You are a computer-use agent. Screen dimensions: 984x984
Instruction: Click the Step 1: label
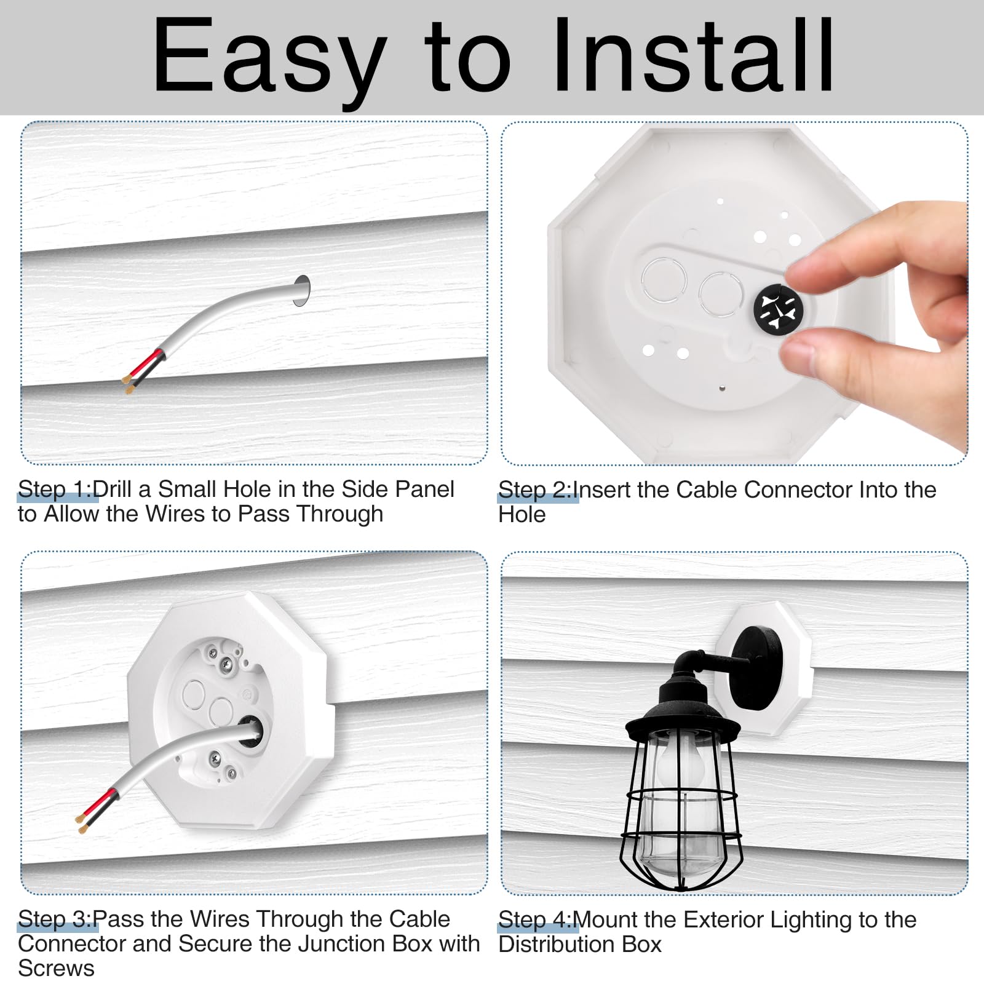(x=55, y=490)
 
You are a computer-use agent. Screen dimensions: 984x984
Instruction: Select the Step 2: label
(x=535, y=490)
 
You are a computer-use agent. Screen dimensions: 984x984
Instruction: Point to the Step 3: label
(x=55, y=919)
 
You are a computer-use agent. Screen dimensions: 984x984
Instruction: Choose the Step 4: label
(x=535, y=920)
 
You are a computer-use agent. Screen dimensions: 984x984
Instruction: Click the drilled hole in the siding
(x=301, y=290)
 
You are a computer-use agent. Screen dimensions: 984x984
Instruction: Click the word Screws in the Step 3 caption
(x=56, y=968)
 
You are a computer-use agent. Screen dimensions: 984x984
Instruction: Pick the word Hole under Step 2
(x=522, y=514)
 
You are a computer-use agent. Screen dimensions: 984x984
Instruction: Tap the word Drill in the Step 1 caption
(x=113, y=490)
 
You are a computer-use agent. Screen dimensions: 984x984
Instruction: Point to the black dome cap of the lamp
(x=682, y=710)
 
